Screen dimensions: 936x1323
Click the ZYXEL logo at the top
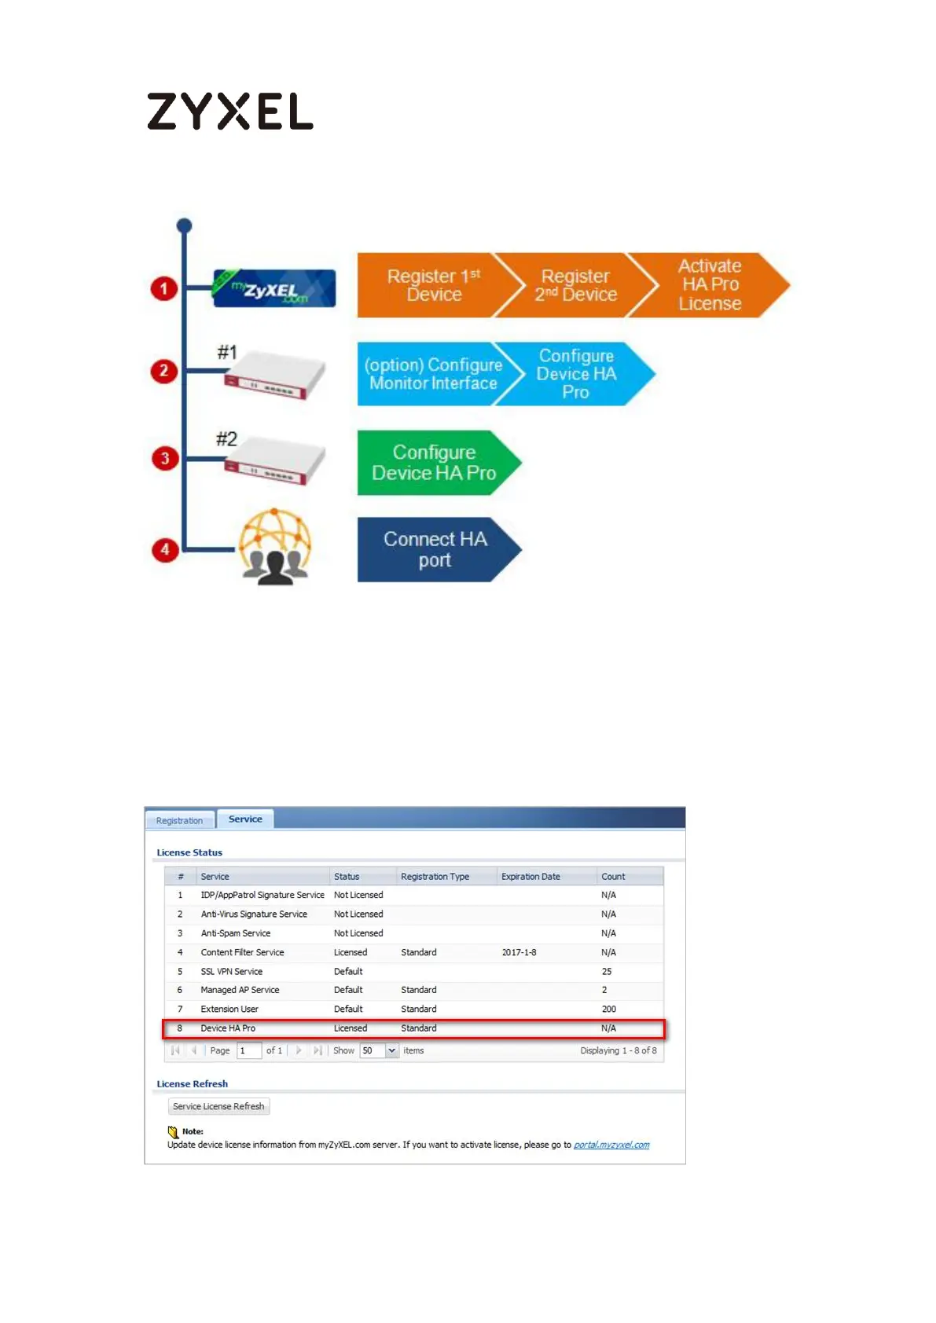pos(229,111)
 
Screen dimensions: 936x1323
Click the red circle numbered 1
pos(163,288)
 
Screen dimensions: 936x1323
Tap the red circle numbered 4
pos(164,550)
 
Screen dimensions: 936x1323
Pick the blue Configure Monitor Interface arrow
pos(432,374)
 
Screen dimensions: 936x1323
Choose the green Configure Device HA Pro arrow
pos(434,463)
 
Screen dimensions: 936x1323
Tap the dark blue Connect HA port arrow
pos(435,550)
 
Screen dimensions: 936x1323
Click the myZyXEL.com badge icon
pos(274,288)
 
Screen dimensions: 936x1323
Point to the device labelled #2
pos(274,462)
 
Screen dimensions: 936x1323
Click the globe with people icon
pos(274,547)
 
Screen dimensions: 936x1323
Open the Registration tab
pos(179,820)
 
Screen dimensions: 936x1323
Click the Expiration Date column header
pos(530,877)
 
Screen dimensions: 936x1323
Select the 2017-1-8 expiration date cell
pos(519,952)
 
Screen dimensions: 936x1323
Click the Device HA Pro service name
pos(228,1028)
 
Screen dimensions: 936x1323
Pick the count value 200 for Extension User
pos(609,1010)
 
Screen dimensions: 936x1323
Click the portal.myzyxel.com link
pos(611,1145)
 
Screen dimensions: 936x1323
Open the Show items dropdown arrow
pos(391,1051)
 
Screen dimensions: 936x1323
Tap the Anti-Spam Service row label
pos(236,933)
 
